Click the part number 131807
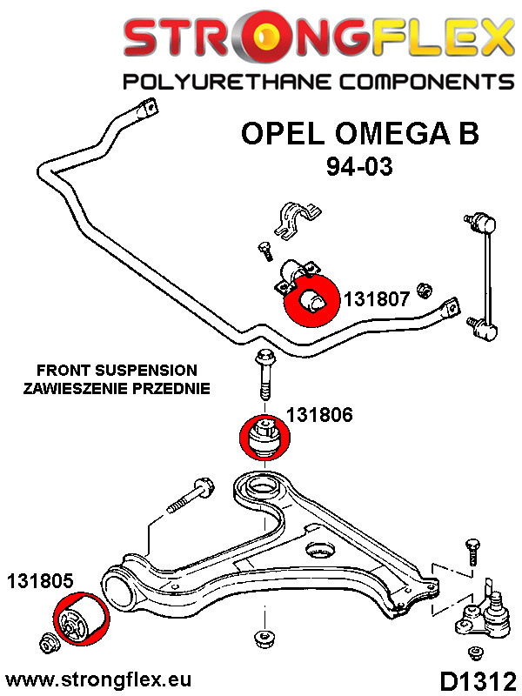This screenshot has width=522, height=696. click(377, 299)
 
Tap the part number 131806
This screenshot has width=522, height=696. click(320, 416)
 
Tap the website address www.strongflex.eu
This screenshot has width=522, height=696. click(98, 678)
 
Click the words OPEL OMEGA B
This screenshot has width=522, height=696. click(358, 135)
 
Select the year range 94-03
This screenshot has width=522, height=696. click(359, 165)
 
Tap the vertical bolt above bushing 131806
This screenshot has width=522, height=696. click(263, 377)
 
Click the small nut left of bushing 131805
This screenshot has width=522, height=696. click(49, 645)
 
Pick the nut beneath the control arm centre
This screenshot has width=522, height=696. click(259, 638)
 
